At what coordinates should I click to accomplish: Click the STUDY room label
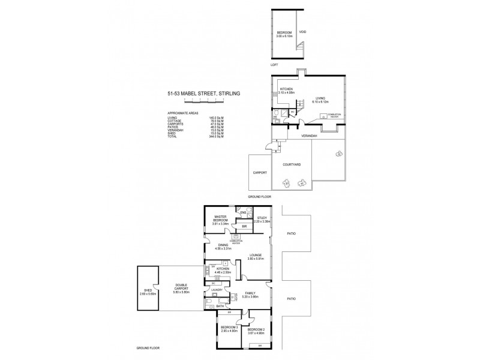[x=262, y=218]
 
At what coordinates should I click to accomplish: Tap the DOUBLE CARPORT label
[x=181, y=286]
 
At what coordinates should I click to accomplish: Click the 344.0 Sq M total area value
[x=211, y=138]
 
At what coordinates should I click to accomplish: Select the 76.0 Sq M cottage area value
[x=211, y=121]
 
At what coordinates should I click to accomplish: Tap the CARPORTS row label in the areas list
[x=175, y=124]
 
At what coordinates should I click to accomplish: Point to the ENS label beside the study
[x=244, y=213]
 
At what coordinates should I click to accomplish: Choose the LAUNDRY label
[x=217, y=290]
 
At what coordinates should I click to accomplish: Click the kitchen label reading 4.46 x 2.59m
[x=223, y=271]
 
